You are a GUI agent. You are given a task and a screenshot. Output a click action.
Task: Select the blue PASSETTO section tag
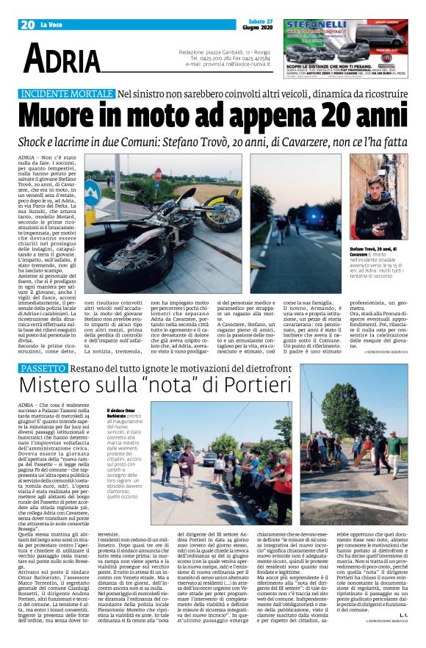point(46,367)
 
